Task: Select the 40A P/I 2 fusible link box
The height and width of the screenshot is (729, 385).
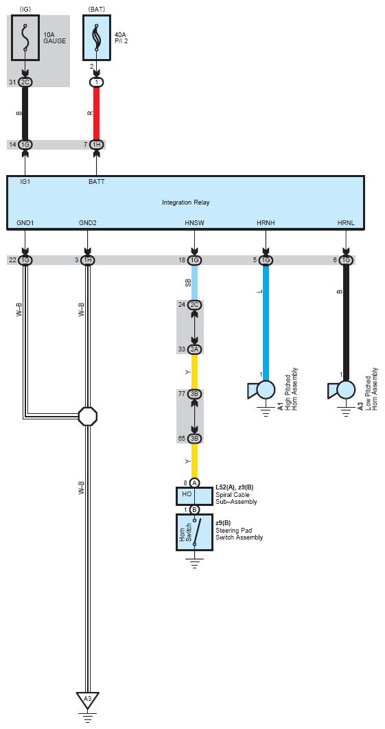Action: click(97, 38)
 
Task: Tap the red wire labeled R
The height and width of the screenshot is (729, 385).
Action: click(97, 113)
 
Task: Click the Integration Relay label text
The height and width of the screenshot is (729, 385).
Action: click(185, 202)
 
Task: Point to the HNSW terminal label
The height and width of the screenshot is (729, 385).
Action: click(194, 223)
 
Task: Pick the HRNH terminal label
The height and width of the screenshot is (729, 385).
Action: click(266, 223)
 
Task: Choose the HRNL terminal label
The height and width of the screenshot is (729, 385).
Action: click(346, 223)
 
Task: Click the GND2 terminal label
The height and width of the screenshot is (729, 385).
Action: click(87, 223)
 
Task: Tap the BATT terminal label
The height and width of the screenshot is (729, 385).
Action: click(96, 182)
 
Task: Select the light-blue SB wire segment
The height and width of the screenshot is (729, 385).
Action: click(194, 282)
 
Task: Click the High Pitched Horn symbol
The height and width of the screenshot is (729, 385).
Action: click(261, 390)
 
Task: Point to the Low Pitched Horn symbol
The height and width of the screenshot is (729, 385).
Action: click(342, 390)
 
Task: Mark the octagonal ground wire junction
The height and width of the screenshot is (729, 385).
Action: click(87, 416)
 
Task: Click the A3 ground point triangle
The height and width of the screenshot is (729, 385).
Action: click(87, 699)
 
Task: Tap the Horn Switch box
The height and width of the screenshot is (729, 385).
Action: click(194, 533)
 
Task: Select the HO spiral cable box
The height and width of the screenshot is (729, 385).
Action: click(194, 496)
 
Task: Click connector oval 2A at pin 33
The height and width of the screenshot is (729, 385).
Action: click(194, 349)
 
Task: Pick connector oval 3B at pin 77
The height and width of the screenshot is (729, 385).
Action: click(194, 394)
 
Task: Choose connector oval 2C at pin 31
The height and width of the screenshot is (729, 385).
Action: click(25, 82)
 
